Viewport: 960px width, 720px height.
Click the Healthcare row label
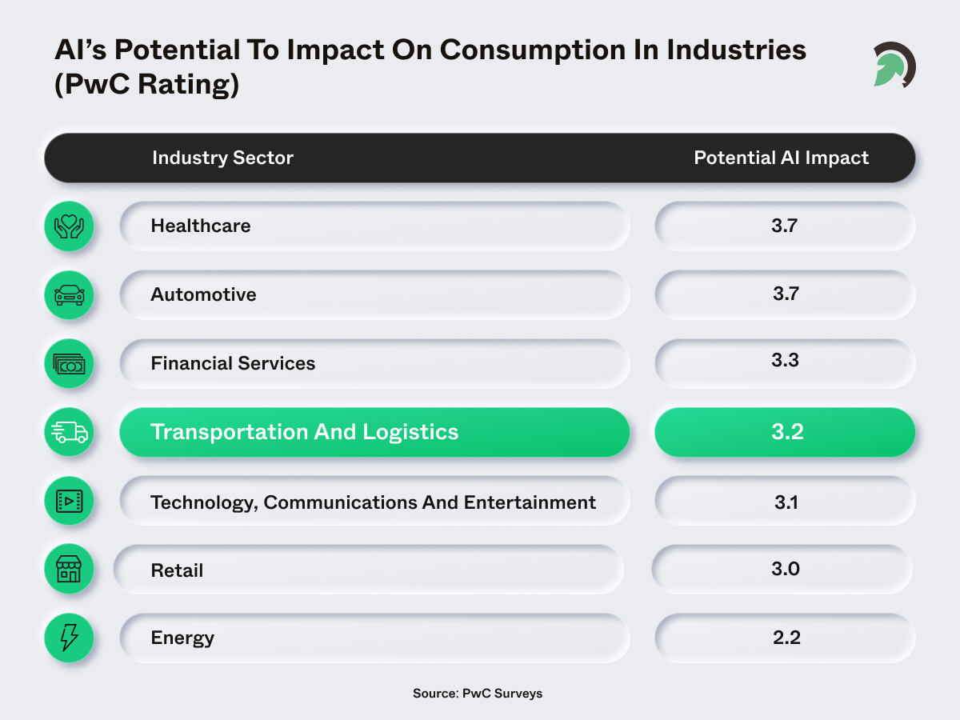[x=201, y=226]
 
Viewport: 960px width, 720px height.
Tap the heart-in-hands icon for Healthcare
[x=68, y=226]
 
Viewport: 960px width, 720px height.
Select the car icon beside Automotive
[x=68, y=295]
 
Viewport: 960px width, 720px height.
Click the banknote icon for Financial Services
[x=68, y=364]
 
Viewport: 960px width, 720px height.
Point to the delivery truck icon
[x=68, y=433]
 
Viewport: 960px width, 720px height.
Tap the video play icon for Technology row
[x=68, y=502]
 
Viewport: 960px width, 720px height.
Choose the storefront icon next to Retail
[x=68, y=570]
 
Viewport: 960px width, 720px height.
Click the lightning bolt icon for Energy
[x=68, y=638]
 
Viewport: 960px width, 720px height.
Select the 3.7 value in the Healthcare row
[x=785, y=226]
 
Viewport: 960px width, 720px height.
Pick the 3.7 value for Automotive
[x=785, y=294]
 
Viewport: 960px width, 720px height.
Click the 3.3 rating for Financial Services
[x=785, y=360]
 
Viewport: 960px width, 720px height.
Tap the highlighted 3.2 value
[x=785, y=432]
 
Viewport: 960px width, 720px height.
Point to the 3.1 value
[x=785, y=502]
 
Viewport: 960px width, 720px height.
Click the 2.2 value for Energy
[x=785, y=637]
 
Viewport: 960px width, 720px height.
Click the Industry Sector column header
[x=222, y=158]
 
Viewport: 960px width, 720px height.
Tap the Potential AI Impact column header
[x=781, y=158]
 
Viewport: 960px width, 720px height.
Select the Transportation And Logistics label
[x=304, y=432]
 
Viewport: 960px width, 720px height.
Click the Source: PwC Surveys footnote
[x=478, y=693]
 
